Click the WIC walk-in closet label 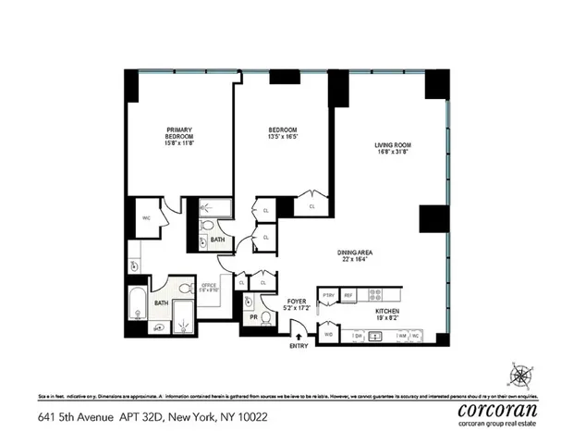click(x=146, y=219)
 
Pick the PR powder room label click(x=250, y=317)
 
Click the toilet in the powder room click(x=265, y=318)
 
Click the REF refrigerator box click(x=348, y=295)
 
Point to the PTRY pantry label click(x=328, y=295)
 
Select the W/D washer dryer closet click(x=329, y=336)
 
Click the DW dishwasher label click(x=357, y=336)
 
